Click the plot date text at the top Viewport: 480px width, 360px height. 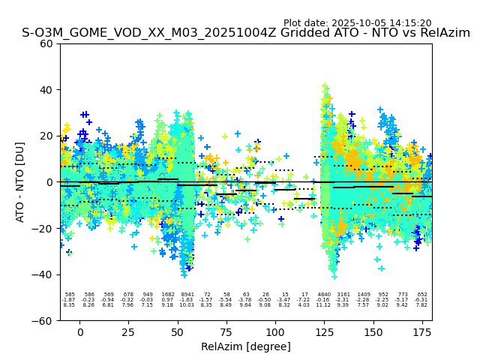point(357,23)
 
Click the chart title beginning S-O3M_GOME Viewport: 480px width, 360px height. point(246,33)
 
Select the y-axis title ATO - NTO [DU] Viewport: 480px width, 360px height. point(20,181)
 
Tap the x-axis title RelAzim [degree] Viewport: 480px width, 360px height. point(246,346)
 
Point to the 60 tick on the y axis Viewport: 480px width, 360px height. point(47,43)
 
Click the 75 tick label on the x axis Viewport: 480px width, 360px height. point(226,332)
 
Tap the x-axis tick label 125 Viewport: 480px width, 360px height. point(324,332)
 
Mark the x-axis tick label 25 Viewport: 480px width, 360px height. point(128,332)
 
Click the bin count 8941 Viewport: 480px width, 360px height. point(187,295)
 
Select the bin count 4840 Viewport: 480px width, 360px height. point(324,295)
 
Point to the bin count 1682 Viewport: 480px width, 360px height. point(167,295)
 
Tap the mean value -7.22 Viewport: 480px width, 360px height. point(304,300)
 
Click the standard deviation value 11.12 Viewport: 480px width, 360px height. point(324,305)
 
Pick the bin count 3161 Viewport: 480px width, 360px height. point(343,295)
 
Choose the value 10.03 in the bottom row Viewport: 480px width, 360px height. point(187,305)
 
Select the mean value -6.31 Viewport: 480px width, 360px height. point(421,300)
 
